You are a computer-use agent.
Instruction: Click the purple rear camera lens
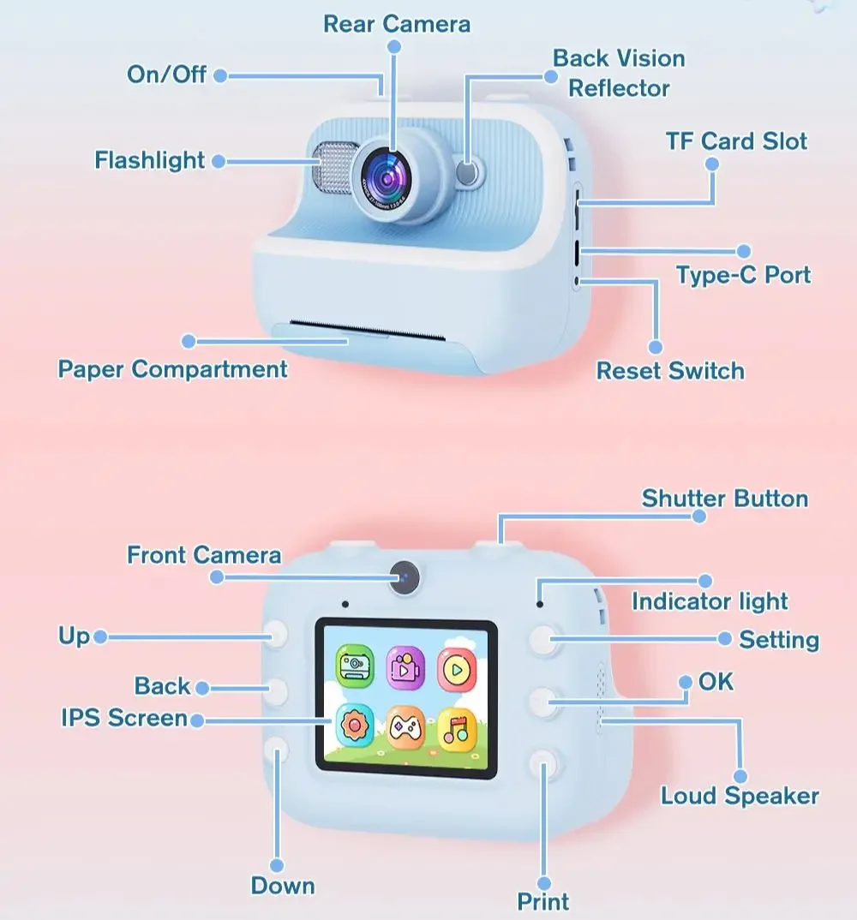[387, 180]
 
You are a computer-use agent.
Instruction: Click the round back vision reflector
[468, 172]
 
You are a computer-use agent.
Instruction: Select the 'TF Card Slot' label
[736, 141]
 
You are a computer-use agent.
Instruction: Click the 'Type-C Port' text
[743, 275]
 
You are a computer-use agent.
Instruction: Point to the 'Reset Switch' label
[670, 371]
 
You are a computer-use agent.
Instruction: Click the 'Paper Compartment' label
[172, 370]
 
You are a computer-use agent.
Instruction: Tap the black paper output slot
[368, 331]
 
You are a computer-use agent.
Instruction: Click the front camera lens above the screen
[405, 576]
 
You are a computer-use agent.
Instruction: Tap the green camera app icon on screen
[355, 666]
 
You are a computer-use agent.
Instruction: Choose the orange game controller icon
[405, 727]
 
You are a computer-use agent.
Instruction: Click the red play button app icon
[457, 670]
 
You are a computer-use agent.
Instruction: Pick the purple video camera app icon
[405, 668]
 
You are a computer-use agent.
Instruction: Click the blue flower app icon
[355, 726]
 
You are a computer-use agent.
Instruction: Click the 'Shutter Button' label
[725, 499]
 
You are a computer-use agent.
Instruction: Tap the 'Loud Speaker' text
[740, 796]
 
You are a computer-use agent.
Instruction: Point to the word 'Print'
[543, 902]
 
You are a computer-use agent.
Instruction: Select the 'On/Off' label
[167, 75]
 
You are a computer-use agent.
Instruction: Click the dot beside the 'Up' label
[100, 636]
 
